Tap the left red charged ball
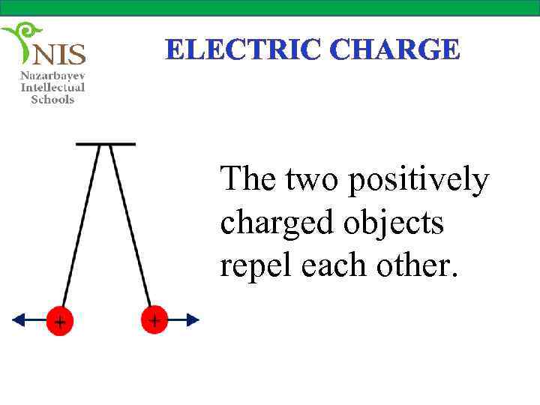59,320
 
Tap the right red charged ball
154,319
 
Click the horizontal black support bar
106,143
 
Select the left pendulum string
80,225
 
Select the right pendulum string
130,225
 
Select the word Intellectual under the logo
52,88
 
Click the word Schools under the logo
52,99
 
